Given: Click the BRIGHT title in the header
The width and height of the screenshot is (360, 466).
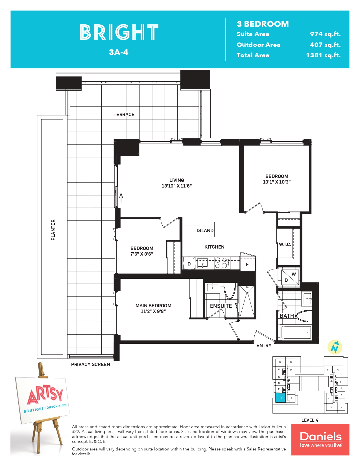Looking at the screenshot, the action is point(119,32).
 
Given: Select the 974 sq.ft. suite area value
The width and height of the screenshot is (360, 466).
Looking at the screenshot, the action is point(325,34).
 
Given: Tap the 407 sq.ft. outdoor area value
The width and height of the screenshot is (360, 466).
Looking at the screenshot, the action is point(325,45).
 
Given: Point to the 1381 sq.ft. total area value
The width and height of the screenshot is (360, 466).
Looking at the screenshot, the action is point(323,55).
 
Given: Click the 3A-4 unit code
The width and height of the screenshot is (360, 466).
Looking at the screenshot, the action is point(119,52).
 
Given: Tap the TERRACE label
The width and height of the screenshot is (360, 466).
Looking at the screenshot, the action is point(124,114).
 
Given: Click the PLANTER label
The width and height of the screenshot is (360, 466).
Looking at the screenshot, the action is point(53,230).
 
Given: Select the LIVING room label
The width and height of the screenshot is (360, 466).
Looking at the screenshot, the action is point(177,180).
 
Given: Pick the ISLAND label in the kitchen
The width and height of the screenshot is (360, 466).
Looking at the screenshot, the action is point(205,230).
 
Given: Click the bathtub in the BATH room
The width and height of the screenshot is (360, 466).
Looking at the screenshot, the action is point(296,333).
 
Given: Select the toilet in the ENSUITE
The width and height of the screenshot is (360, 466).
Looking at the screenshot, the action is point(230,291).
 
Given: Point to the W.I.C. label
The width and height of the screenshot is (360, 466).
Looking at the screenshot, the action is point(285,244).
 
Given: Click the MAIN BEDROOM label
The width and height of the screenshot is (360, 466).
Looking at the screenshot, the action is point(153,306).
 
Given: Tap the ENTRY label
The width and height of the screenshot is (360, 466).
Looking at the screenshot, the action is point(264,345).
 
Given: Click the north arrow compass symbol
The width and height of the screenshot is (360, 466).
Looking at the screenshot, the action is point(335,347).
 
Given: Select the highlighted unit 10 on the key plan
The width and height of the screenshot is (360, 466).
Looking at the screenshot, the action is point(280,398).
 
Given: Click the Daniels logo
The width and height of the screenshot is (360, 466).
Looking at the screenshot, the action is point(320,439).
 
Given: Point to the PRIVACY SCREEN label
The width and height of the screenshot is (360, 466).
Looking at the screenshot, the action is point(90,364).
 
